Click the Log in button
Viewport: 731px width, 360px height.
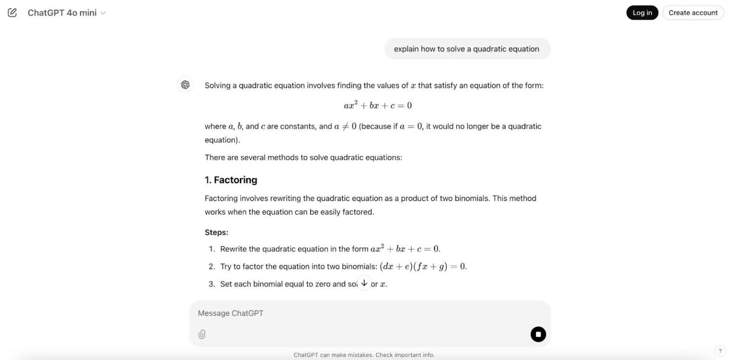642,13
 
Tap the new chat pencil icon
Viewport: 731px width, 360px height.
12,13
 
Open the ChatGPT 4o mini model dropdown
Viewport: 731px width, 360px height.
67,13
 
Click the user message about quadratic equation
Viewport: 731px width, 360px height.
466,49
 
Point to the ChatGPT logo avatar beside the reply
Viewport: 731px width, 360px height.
185,85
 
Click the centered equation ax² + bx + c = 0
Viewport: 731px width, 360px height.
377,106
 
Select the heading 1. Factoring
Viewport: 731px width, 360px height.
231,180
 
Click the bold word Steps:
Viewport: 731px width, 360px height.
217,232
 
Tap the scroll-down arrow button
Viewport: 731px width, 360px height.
364,283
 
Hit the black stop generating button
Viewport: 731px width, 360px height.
538,334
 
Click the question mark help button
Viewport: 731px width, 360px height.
720,351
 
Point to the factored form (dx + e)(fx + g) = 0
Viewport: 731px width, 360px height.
423,267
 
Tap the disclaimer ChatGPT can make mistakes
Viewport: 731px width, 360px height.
364,355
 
